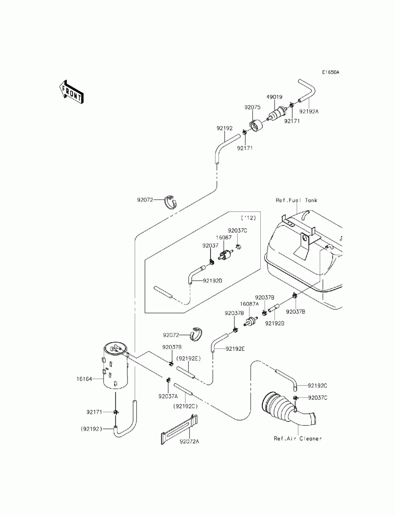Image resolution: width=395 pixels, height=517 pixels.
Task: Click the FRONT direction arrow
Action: pos(71,92)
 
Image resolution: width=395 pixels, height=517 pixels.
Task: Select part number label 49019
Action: pos(275,97)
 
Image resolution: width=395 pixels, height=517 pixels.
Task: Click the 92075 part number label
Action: pos(252,107)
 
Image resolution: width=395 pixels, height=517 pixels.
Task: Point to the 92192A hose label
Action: pos(309,111)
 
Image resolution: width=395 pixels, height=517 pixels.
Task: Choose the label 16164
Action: pos(84,379)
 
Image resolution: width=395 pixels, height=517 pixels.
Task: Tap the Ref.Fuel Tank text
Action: pos(296,200)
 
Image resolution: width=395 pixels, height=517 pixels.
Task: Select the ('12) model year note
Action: pos(248,218)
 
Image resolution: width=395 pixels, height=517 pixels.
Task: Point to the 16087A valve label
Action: pos(249,304)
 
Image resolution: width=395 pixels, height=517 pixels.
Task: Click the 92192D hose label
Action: pos(213,281)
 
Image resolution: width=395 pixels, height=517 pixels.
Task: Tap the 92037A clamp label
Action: pos(168,396)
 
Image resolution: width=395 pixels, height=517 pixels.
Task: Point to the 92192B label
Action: pos(275,323)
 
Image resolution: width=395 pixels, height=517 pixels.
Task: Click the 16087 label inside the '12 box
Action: pos(224,237)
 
